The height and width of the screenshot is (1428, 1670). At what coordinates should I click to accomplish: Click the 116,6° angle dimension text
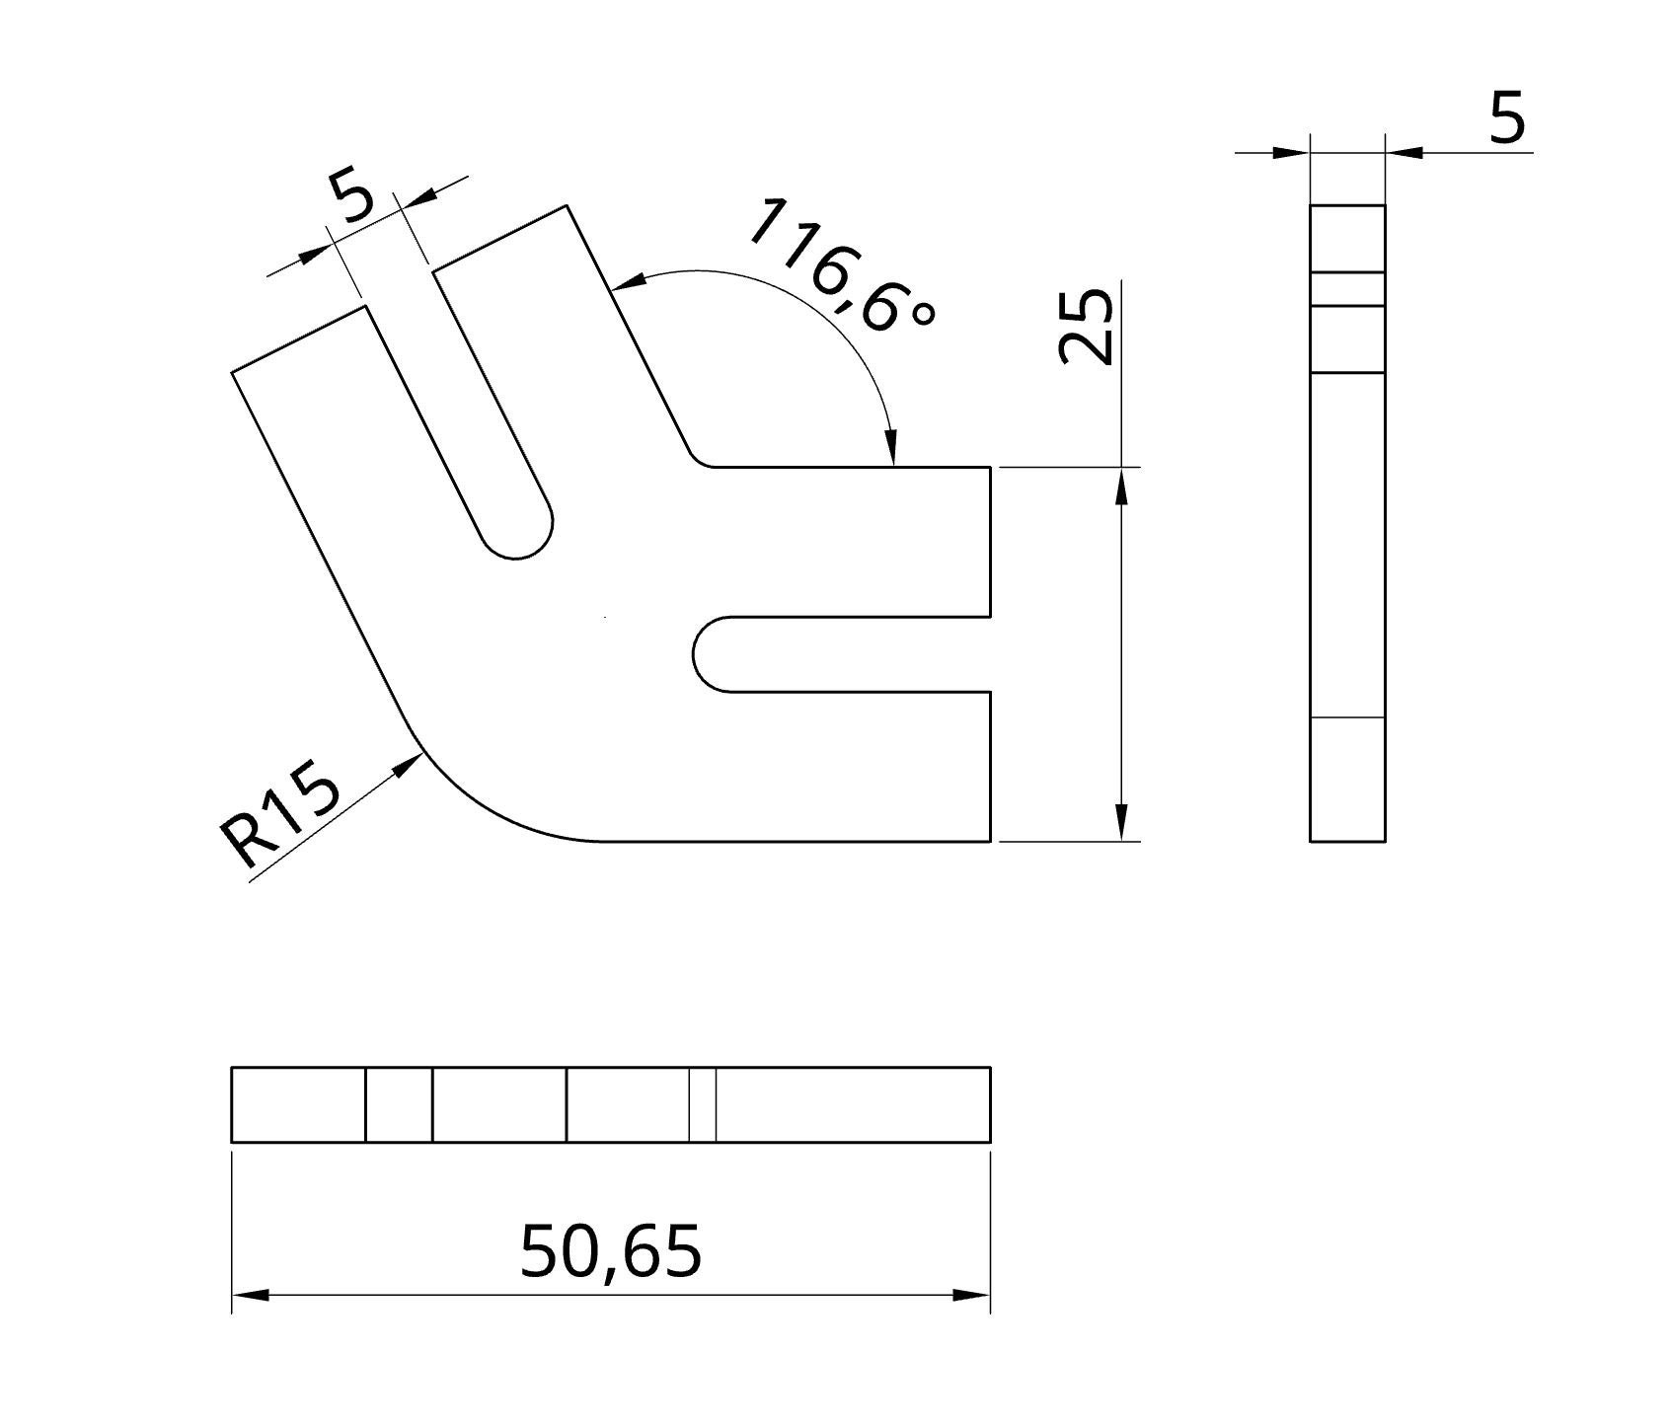[839, 264]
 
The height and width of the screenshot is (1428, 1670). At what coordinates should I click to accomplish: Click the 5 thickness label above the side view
[1506, 119]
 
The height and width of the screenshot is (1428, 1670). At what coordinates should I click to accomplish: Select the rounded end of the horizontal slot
[707, 654]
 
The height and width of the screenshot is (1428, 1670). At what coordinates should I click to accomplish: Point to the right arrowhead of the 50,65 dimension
[973, 1295]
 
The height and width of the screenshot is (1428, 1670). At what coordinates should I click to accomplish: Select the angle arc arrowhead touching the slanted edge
[628, 281]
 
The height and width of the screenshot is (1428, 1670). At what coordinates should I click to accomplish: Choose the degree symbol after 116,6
[920, 313]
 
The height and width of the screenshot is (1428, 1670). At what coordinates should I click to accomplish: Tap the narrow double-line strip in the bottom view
[702, 1104]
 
